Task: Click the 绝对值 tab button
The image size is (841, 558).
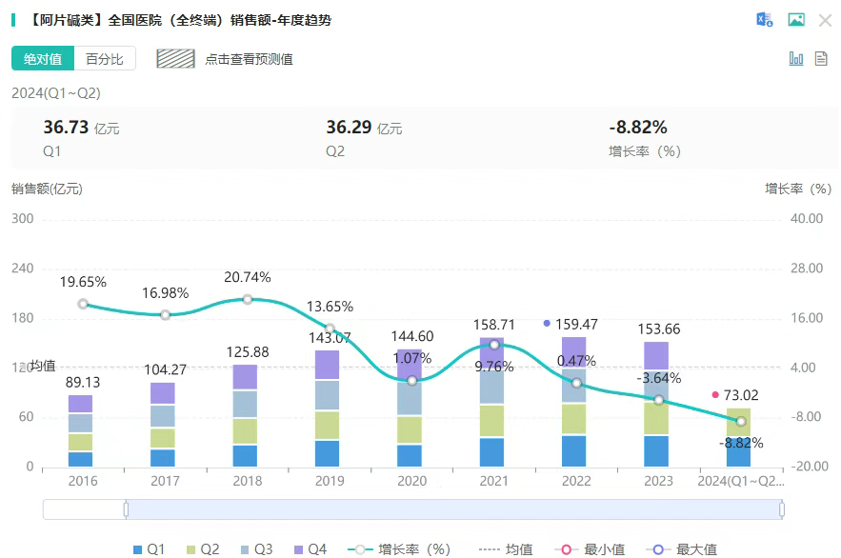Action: click(x=43, y=59)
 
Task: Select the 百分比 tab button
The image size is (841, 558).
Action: click(x=105, y=59)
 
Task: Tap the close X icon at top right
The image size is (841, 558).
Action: click(x=825, y=20)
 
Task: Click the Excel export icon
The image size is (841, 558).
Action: click(x=764, y=20)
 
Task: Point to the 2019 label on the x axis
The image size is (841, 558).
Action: click(x=329, y=481)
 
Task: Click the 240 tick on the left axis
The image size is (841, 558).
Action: click(x=22, y=269)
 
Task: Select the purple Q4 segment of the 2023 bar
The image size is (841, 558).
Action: click(x=657, y=355)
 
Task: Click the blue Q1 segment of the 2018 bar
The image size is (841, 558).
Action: click(x=246, y=455)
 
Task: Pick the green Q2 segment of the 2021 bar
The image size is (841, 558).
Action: click(x=492, y=421)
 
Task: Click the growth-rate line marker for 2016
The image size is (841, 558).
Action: click(x=83, y=304)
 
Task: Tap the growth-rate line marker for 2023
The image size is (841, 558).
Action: click(x=658, y=400)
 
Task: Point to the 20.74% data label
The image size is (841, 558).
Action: click(x=247, y=277)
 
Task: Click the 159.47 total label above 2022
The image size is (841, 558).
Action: click(x=576, y=325)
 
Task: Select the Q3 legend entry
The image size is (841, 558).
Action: click(x=254, y=548)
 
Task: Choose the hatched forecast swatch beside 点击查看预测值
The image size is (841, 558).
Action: click(x=175, y=59)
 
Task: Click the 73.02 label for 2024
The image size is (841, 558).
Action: click(x=746, y=395)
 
